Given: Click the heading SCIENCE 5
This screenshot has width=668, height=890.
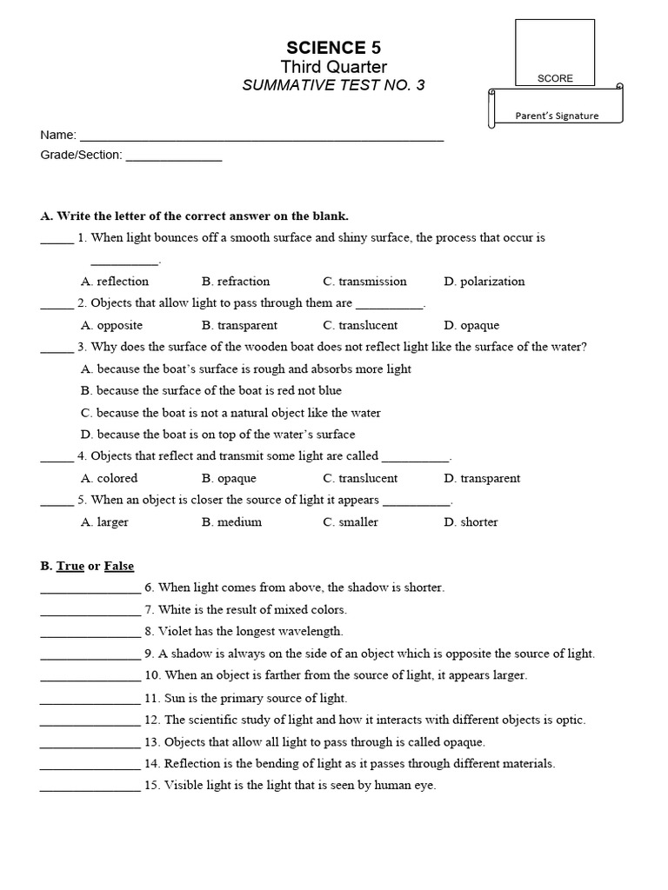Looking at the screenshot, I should [x=334, y=47].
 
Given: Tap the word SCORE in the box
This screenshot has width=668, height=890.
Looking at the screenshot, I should [x=555, y=78].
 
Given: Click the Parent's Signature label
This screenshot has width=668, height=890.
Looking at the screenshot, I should [x=557, y=116].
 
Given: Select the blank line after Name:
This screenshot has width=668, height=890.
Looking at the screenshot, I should [x=261, y=136].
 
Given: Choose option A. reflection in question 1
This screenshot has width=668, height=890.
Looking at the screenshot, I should [x=115, y=282].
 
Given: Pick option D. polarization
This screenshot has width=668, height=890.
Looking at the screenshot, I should [x=484, y=282].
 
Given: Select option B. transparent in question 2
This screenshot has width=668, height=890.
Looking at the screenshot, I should [x=239, y=325].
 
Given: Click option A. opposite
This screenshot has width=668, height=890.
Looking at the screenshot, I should [x=111, y=325].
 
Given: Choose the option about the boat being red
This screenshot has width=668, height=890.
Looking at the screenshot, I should [x=211, y=390].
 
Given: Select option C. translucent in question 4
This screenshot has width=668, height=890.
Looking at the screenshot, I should [x=360, y=478].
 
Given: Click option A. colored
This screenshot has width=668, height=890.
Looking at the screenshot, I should [x=110, y=478].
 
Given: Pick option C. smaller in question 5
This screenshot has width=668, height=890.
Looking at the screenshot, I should [x=351, y=522].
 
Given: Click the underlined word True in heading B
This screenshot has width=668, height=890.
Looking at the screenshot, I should [x=70, y=566].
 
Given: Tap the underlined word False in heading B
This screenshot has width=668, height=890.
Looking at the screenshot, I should [x=119, y=566].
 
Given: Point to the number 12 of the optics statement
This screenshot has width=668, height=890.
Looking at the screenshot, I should [x=152, y=720].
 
